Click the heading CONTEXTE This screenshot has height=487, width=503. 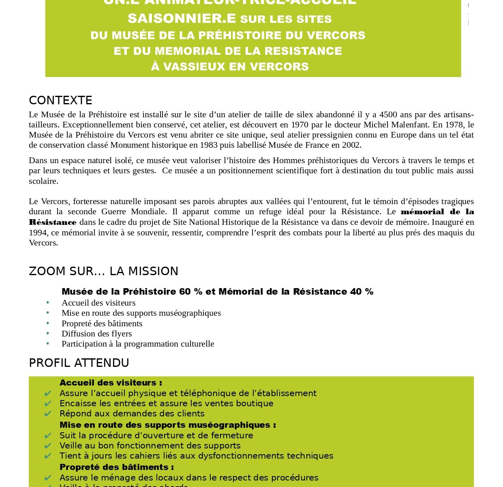click(x=60, y=100)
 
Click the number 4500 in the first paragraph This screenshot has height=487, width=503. click(x=388, y=114)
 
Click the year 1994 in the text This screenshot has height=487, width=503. click(x=37, y=233)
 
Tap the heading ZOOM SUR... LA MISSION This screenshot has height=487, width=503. click(x=103, y=271)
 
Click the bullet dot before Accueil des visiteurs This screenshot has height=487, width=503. click(x=48, y=302)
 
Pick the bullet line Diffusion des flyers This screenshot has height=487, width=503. click(x=96, y=334)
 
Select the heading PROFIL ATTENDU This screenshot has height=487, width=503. click(x=79, y=363)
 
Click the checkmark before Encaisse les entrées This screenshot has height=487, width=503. click(x=48, y=404)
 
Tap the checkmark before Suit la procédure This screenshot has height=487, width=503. click(x=48, y=435)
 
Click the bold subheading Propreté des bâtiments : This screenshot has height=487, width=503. click(x=117, y=467)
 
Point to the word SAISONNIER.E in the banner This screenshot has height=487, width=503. click(x=182, y=19)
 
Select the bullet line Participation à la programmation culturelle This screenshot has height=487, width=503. click(x=138, y=344)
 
